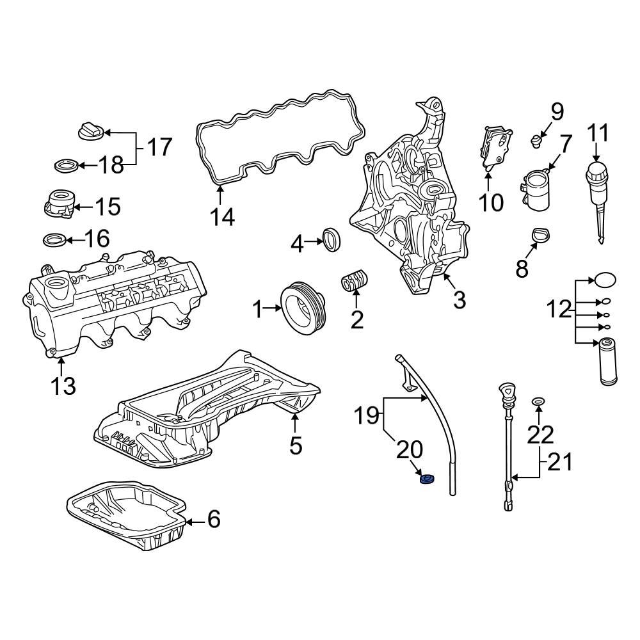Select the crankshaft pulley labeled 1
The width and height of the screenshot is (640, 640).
click(x=304, y=308)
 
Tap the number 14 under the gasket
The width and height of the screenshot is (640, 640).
click(x=223, y=217)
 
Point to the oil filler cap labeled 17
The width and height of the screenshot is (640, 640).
click(x=90, y=132)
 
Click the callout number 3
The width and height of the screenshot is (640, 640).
click(x=460, y=300)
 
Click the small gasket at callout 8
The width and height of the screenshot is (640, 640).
click(x=540, y=236)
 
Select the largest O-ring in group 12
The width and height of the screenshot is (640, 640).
click(x=606, y=280)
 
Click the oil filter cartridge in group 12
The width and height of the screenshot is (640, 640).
click(x=608, y=362)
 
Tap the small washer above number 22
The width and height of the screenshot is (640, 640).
click(x=539, y=401)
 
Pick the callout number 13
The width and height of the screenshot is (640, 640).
click(x=63, y=386)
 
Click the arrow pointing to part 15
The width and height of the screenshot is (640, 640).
click(x=81, y=206)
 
